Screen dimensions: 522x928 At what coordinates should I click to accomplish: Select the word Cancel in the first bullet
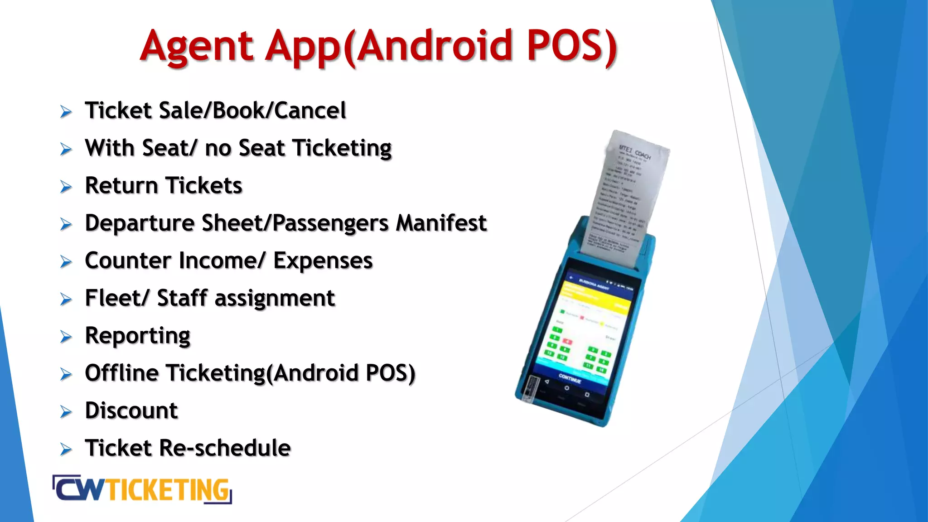click(310, 111)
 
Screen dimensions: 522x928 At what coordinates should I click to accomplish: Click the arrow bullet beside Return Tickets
click(66, 187)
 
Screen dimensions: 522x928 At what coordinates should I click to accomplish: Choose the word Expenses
click(323, 261)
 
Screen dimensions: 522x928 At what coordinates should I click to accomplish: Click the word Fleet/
click(116, 298)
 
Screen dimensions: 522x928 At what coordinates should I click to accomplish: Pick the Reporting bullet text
click(137, 336)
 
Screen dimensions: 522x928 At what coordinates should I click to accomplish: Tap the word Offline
click(121, 373)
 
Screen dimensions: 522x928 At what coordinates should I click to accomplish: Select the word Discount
click(131, 411)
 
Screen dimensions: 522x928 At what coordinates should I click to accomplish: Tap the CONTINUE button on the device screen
click(570, 378)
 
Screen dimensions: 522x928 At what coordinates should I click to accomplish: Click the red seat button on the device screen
click(567, 341)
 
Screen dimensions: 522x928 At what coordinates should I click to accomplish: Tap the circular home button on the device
click(566, 388)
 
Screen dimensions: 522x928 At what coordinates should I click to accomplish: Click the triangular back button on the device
click(547, 382)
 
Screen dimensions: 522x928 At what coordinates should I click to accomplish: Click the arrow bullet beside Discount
click(66, 411)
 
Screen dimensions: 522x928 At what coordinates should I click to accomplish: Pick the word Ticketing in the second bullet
click(342, 149)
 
